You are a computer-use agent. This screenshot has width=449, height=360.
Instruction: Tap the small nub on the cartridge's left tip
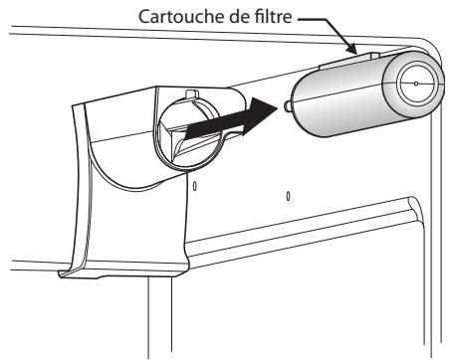(x=287, y=103)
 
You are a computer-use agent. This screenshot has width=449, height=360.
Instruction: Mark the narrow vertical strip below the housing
(x=160, y=318)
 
